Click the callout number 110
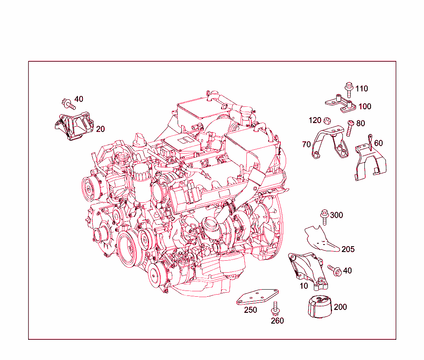pyautogui.click(x=361, y=89)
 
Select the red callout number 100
pyautogui.click(x=365, y=106)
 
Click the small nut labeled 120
pyautogui.click(x=327, y=121)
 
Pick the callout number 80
pyautogui.click(x=360, y=123)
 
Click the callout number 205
pyautogui.click(x=348, y=249)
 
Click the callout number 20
pyautogui.click(x=100, y=129)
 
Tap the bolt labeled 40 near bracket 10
pyautogui.click(x=334, y=270)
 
